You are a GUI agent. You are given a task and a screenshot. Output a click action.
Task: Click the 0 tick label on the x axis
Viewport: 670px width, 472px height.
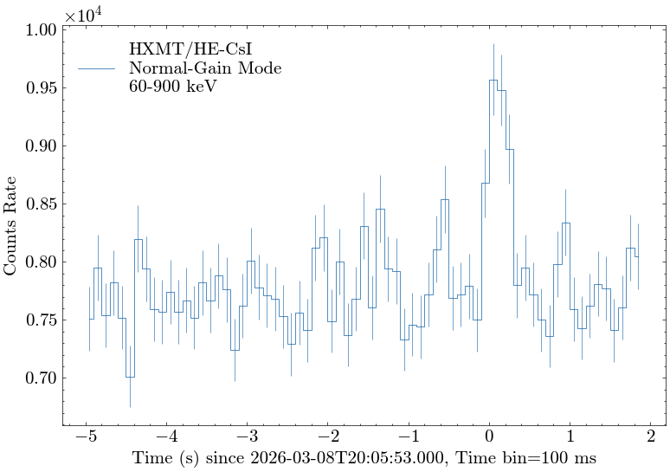(x=489, y=436)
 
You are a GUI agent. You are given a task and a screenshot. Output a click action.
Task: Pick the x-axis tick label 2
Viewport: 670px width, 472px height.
(x=650, y=436)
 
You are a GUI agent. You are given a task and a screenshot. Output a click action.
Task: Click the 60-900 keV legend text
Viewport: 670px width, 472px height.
(x=172, y=87)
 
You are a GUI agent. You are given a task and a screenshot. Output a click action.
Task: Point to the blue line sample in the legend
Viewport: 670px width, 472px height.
(x=96, y=68)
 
